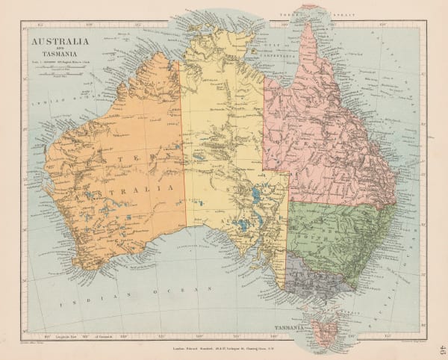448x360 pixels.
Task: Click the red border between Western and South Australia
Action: coord(184,149)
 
